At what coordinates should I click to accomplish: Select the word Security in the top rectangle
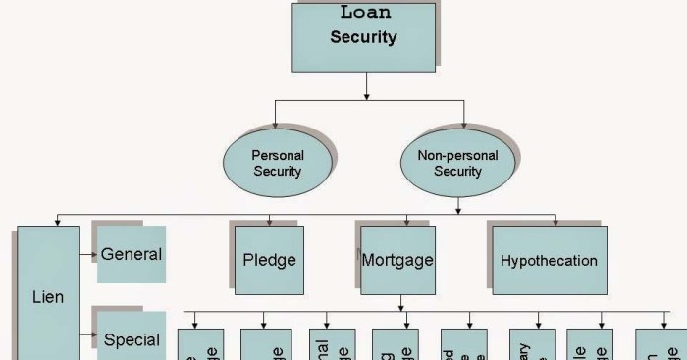[363, 39]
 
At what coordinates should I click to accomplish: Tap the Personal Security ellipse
[278, 163]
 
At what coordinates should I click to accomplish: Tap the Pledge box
[269, 261]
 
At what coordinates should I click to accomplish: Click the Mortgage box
[397, 261]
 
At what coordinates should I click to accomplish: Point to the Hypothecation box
[549, 261]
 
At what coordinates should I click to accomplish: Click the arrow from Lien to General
[90, 255]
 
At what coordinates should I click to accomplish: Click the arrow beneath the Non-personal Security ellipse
[457, 202]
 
